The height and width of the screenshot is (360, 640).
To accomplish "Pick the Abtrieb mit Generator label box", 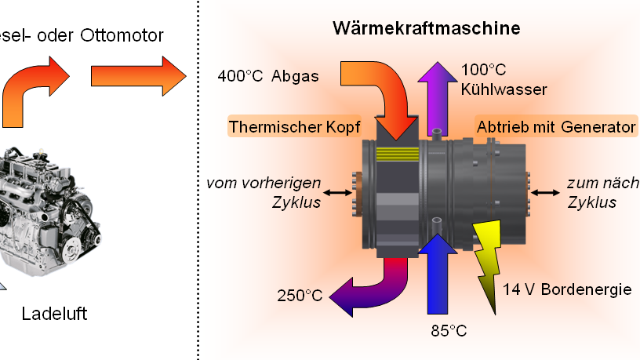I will point(555,126).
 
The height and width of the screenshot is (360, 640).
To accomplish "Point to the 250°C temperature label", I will point(300,296).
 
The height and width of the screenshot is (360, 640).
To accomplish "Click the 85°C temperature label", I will point(449,330).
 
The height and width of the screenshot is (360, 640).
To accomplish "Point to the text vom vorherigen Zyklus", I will point(264,192).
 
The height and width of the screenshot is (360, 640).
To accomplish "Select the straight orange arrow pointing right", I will point(136,76).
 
